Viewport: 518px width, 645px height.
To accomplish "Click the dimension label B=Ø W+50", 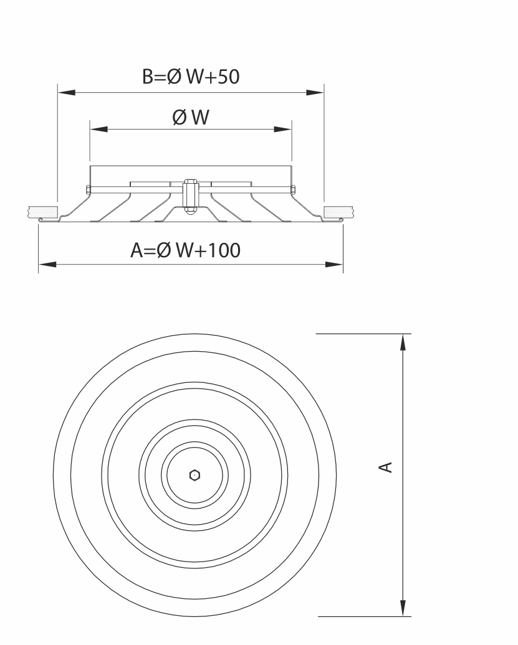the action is click(x=191, y=77).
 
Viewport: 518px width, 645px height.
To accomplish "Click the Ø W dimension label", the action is click(x=191, y=117).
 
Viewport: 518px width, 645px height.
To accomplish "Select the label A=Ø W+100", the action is click(x=185, y=250).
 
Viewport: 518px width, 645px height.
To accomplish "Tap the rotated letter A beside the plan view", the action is click(x=386, y=468).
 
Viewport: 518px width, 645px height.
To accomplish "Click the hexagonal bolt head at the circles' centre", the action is click(x=194, y=475).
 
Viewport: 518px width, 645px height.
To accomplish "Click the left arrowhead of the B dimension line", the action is click(x=66, y=93).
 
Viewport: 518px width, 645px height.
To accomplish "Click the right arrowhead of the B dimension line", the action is click(x=315, y=93).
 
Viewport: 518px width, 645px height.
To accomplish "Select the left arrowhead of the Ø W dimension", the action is click(x=99, y=129).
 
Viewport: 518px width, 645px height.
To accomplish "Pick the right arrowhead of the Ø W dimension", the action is click(x=283, y=129).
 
